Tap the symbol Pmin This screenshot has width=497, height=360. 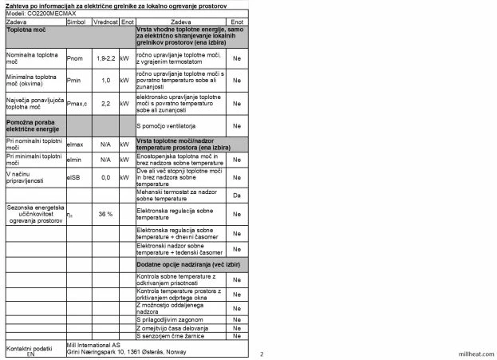77,80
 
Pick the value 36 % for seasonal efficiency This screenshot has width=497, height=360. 105,214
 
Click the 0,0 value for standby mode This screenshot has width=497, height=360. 106,177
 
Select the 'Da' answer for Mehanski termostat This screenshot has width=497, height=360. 237,195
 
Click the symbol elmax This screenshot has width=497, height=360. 76,144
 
